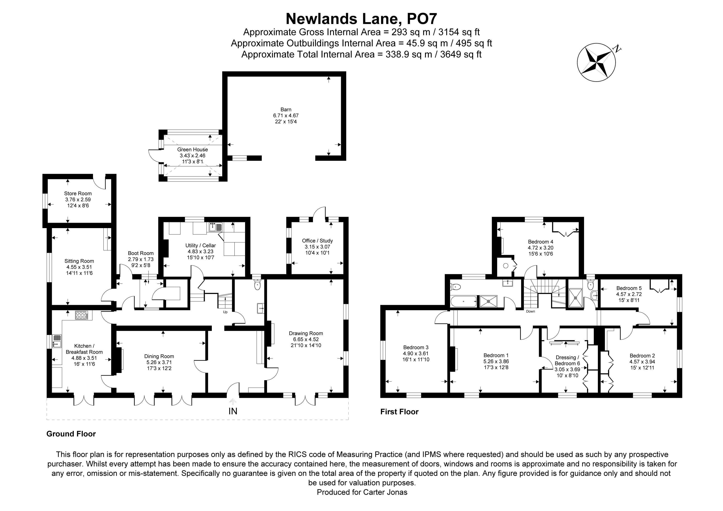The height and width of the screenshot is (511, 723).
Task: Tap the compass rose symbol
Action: [596, 62]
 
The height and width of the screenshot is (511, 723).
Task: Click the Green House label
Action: [192, 150]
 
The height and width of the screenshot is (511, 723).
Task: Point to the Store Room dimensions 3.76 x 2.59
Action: [78, 200]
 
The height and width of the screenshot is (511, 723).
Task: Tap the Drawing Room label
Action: [306, 333]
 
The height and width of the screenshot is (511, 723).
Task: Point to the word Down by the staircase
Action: [530, 311]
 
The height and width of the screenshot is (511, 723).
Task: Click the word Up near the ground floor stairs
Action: [225, 312]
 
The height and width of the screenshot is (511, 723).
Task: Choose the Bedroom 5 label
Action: [629, 288]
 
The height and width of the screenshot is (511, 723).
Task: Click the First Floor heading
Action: [399, 412]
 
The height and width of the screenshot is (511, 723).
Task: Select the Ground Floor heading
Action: [71, 434]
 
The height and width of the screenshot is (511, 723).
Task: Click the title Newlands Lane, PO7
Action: [361, 19]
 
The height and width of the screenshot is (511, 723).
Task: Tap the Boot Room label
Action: [141, 253]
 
